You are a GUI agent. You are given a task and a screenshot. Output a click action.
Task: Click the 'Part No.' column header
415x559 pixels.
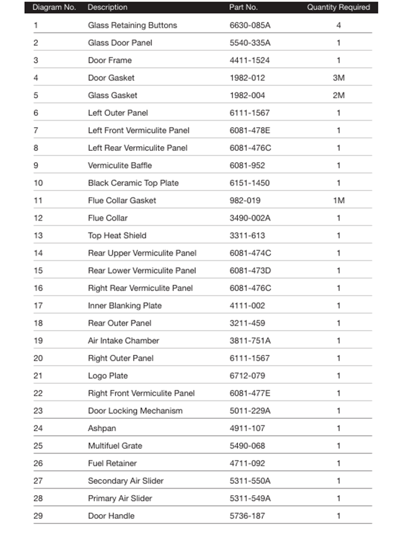pos(243,8)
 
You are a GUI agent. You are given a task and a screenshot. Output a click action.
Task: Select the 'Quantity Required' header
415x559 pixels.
pos(338,8)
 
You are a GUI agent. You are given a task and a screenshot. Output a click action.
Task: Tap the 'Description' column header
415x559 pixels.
pos(107,8)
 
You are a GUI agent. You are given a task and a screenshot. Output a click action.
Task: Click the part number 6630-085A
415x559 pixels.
pos(250,25)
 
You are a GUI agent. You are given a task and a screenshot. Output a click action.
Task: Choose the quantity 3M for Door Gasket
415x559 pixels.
pos(339,77)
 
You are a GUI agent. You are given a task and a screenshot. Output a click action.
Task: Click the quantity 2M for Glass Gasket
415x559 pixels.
pos(339,95)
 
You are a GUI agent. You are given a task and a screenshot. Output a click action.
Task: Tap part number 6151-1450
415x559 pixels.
pos(250,183)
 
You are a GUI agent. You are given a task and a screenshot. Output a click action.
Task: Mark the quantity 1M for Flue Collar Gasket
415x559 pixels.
pos(339,201)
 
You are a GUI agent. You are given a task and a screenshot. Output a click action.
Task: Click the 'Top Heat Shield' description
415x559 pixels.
pos(117,235)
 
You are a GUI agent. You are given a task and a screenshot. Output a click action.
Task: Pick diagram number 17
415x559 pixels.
pos(38,305)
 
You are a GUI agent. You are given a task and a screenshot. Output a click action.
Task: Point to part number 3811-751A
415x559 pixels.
pos(250,340)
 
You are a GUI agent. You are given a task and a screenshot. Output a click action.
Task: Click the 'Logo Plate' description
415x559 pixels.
pos(108,376)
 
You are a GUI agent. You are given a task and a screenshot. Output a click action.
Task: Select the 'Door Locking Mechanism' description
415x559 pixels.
pos(135,411)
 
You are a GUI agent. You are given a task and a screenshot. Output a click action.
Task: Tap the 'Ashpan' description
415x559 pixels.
pos(102,428)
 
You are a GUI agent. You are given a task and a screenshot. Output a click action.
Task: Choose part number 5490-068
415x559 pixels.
pos(247,445)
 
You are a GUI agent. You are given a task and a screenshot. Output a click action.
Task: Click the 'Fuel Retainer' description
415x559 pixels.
pos(112,463)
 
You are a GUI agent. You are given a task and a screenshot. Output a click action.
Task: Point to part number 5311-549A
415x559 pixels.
pos(250,498)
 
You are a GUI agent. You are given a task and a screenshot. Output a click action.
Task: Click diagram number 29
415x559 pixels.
pos(38,516)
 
